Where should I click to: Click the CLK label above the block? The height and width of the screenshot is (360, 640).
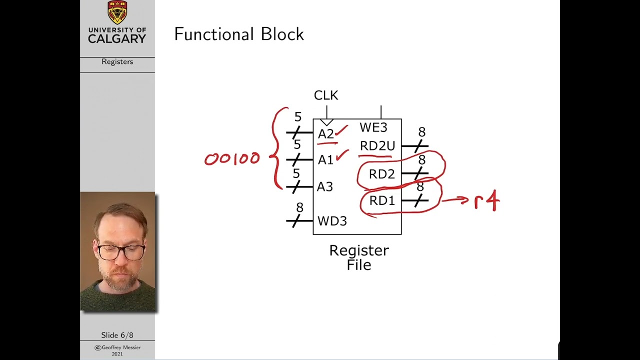(325, 95)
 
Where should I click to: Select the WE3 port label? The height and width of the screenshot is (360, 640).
(373, 127)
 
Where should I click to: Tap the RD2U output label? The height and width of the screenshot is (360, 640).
(377, 146)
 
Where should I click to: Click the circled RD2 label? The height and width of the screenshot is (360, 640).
(381, 174)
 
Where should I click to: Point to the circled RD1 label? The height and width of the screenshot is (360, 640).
(382, 201)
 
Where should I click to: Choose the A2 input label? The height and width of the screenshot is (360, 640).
(325, 133)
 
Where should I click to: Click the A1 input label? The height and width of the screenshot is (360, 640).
(325, 160)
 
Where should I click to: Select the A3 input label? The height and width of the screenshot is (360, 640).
(325, 187)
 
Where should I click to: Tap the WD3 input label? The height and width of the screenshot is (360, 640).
(332, 221)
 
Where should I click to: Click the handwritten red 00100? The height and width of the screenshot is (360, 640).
(232, 159)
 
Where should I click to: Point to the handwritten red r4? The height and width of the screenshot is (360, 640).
(487, 201)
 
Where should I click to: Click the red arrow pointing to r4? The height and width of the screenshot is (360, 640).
(455, 200)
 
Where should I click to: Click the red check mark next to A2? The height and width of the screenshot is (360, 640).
(342, 130)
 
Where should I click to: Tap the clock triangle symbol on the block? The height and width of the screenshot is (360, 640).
(326, 122)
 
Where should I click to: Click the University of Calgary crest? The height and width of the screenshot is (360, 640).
(117, 12)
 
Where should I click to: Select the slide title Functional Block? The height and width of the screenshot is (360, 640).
(239, 34)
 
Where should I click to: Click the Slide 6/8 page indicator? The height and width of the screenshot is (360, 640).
(117, 335)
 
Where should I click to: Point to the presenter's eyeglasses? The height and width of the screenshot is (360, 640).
(121, 252)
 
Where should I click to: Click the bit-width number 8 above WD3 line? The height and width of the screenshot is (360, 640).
(299, 207)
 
